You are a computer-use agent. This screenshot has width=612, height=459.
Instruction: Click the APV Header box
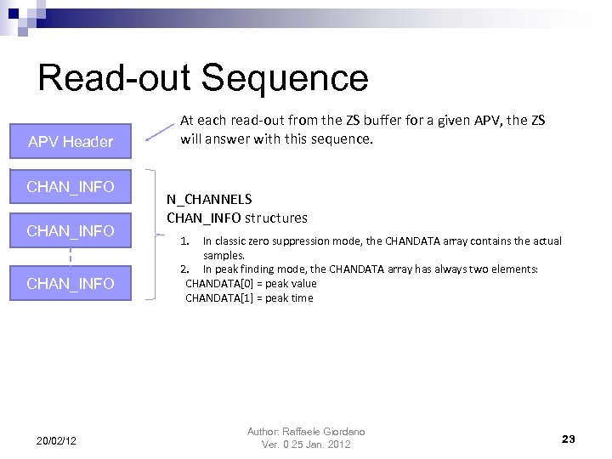click(x=71, y=141)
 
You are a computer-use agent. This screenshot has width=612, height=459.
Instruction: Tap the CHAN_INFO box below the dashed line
click(x=71, y=284)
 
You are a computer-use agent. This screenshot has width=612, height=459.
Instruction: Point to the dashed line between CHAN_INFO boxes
click(x=71, y=254)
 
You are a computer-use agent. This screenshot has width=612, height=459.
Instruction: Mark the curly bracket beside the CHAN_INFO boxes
click(x=152, y=234)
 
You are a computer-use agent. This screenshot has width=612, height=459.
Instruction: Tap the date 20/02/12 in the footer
click(x=56, y=439)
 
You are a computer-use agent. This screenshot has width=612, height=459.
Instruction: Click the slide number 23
click(x=568, y=439)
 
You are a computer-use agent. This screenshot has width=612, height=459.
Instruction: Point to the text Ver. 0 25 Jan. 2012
click(x=306, y=445)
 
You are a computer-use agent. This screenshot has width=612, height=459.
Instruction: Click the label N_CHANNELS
click(x=209, y=199)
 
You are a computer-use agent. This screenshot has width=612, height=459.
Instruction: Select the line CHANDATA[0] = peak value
click(x=251, y=283)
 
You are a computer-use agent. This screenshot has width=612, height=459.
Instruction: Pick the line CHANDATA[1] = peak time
click(x=249, y=297)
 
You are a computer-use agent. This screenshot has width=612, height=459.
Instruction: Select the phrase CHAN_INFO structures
click(x=237, y=218)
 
